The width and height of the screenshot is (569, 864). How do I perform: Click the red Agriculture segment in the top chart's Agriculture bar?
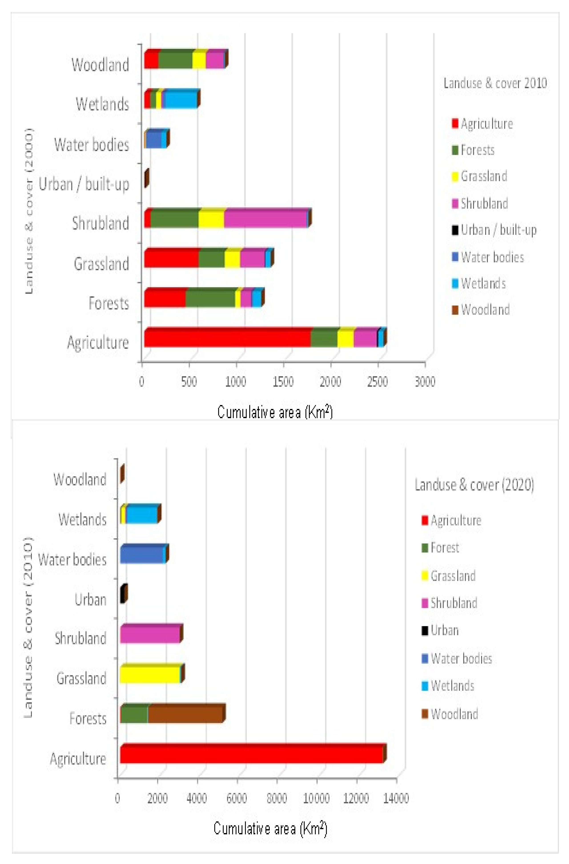coord(227,338)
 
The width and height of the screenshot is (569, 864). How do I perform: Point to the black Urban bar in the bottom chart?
coord(122,595)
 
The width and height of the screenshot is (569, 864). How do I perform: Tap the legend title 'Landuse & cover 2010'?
coord(495,83)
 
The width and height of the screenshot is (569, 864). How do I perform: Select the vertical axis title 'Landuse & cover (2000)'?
coord(29,211)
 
